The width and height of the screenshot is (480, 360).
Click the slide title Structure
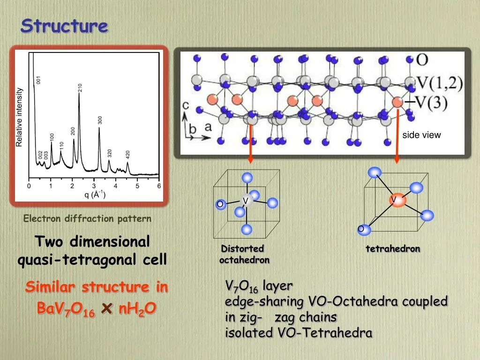64,26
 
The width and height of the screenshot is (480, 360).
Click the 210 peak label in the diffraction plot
80,88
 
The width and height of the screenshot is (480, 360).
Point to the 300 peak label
100,120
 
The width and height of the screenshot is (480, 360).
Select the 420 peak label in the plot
127,155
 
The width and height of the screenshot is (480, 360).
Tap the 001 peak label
39,80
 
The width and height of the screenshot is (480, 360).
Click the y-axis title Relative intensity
20,117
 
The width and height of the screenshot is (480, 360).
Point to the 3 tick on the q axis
94,186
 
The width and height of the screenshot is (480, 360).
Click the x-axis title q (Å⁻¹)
94,195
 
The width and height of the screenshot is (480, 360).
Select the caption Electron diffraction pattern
87,218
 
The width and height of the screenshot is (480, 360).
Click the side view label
421,135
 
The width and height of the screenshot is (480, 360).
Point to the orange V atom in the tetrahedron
397,200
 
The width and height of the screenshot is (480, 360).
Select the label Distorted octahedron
243,254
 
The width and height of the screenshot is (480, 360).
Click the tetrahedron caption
393,249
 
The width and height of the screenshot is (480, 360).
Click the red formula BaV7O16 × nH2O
96,309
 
